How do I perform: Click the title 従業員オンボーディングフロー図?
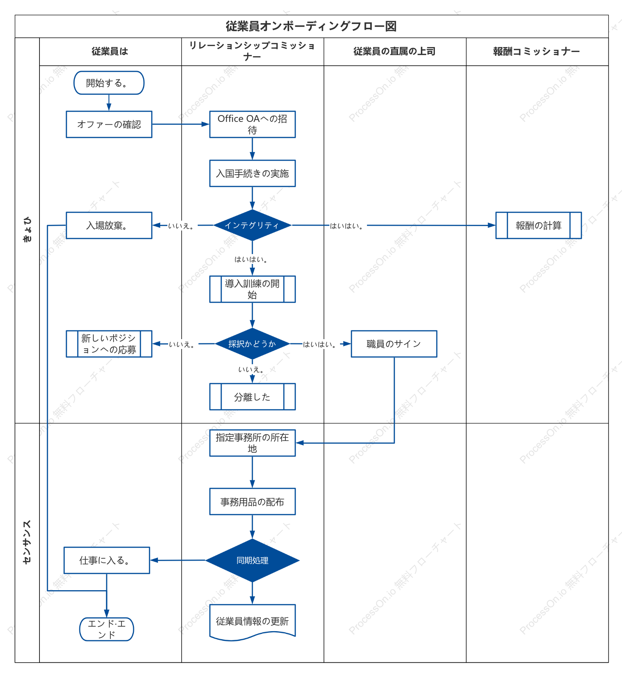tap(311, 26)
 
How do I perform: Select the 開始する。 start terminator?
tap(109, 83)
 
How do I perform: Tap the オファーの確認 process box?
tap(109, 124)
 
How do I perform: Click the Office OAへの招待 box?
tap(252, 124)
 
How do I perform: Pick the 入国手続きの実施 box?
tap(252, 174)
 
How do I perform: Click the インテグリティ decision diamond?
tap(252, 225)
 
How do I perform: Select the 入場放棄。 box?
tap(109, 225)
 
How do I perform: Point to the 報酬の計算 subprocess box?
tap(539, 225)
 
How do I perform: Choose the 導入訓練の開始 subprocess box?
tap(252, 289)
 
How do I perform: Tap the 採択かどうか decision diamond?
tap(252, 344)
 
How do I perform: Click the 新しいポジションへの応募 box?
tap(109, 344)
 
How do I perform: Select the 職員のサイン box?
tap(394, 344)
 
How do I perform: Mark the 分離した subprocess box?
tap(252, 396)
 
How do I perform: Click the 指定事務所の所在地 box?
tap(252, 443)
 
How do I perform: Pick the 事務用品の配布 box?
tap(252, 502)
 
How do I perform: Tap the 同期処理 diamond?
tap(252, 560)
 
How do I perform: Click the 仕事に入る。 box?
tap(107, 560)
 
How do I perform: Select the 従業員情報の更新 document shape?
tap(252, 622)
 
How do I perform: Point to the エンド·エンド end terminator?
tap(107, 629)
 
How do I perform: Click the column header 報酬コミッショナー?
tap(537, 51)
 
